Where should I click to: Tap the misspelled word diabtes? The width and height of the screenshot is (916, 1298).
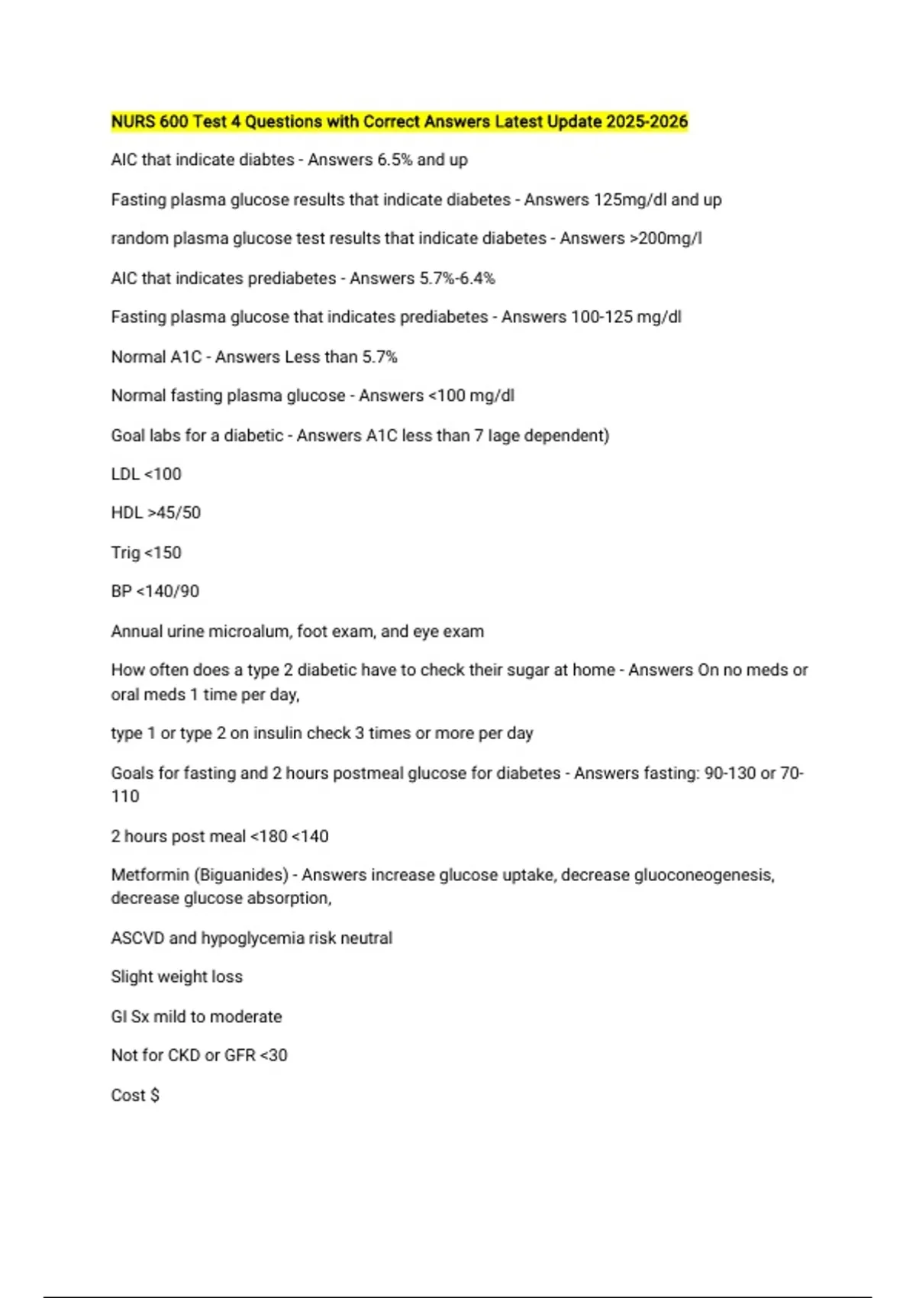pos(266,160)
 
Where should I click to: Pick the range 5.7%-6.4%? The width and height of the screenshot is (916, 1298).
pos(457,278)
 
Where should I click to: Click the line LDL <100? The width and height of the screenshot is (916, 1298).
pos(147,474)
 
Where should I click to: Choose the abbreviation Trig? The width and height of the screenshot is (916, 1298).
pos(125,552)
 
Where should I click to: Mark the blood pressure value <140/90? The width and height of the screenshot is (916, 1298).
pos(167,591)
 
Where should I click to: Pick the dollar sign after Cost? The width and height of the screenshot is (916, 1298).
pos(155,1095)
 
